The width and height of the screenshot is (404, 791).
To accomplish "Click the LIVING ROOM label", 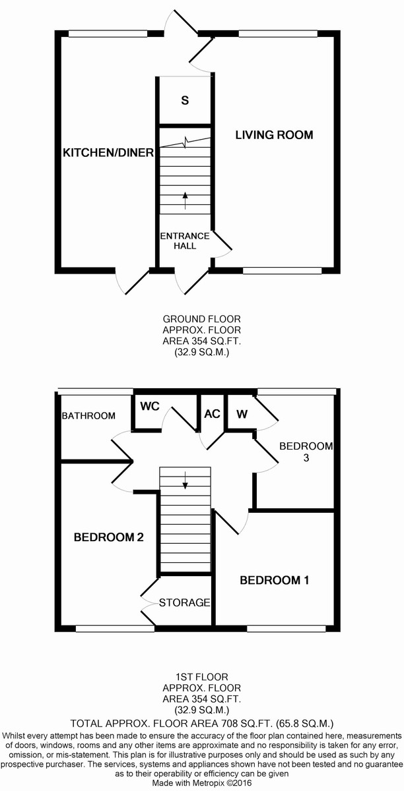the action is (x=275, y=135).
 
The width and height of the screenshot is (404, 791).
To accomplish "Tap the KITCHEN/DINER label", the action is (x=108, y=153).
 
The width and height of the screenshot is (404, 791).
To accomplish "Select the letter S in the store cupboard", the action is (x=185, y=101).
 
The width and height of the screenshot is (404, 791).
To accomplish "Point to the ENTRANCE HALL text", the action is (x=184, y=241).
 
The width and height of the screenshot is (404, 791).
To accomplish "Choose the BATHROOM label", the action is (x=88, y=416).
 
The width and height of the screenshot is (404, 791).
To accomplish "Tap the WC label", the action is (x=151, y=407).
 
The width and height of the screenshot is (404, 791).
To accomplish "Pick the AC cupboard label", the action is (x=212, y=414).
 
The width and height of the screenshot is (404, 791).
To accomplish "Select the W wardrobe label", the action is (x=242, y=414).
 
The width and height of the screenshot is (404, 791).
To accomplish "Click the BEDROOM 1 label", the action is (x=274, y=581).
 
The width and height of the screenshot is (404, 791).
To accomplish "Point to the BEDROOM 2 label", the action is (x=109, y=537).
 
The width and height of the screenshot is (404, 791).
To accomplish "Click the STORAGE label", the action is (x=184, y=602).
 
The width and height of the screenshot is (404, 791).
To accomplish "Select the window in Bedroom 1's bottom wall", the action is (x=285, y=629).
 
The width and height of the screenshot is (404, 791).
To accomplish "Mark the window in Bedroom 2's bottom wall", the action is (x=111, y=629).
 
